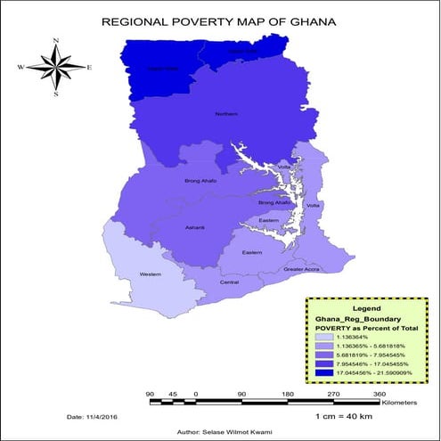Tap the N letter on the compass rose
[x=55, y=41]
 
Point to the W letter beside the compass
[x=20, y=67]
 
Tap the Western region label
[x=151, y=274]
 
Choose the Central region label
[x=229, y=282]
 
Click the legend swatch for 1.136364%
[x=325, y=336]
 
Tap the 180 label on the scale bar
[x=287, y=393]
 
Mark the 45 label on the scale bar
[x=173, y=393]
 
